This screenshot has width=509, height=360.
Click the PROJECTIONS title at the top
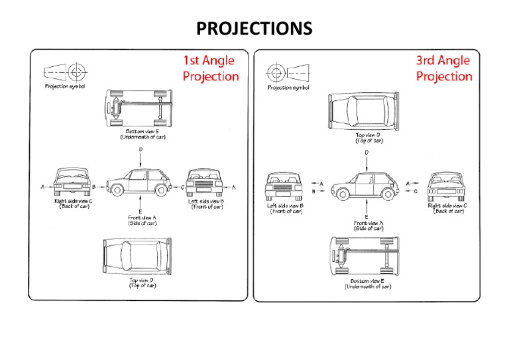tap(254, 29)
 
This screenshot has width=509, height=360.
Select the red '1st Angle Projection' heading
tap(211, 68)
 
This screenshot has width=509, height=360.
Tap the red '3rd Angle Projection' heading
tap(444, 68)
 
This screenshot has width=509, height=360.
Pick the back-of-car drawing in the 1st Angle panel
tap(74, 184)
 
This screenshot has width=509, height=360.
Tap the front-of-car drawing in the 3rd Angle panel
tap(286, 186)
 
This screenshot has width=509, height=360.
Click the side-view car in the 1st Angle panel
tap(140, 182)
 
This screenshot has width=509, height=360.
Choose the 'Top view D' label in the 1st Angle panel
tap(142, 283)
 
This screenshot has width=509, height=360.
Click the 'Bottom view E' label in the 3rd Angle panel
tap(367, 284)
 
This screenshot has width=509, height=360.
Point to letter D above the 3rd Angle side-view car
tap(367, 152)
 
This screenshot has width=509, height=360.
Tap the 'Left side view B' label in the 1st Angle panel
tap(205, 204)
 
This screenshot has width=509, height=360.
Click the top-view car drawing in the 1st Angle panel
tap(140, 255)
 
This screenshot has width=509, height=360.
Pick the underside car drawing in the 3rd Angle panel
tap(367, 256)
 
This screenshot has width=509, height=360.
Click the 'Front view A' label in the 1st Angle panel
tap(141, 220)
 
